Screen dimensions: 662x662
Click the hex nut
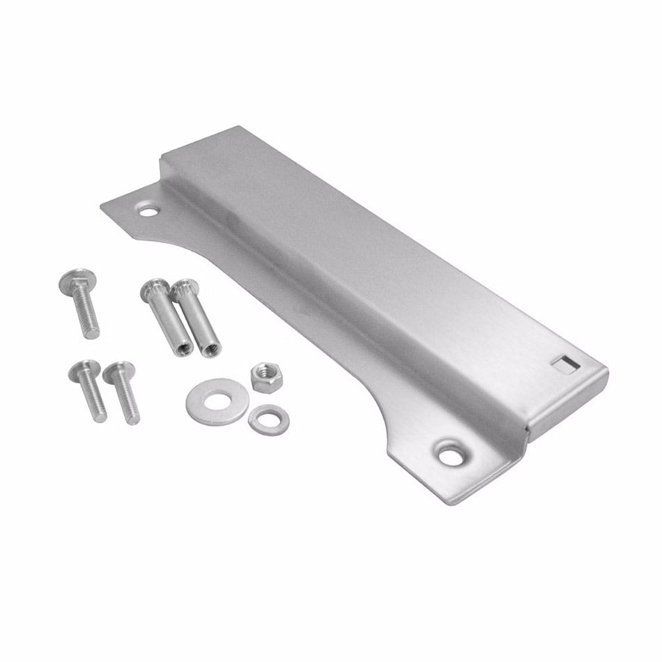click(265, 376)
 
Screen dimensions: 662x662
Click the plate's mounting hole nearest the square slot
click(446, 454)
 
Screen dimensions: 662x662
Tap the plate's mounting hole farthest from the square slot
click(146, 208)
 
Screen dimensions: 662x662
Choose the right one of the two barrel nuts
click(197, 317)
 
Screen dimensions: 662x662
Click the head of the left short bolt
click(83, 370)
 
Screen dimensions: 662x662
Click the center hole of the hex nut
click(265, 374)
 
